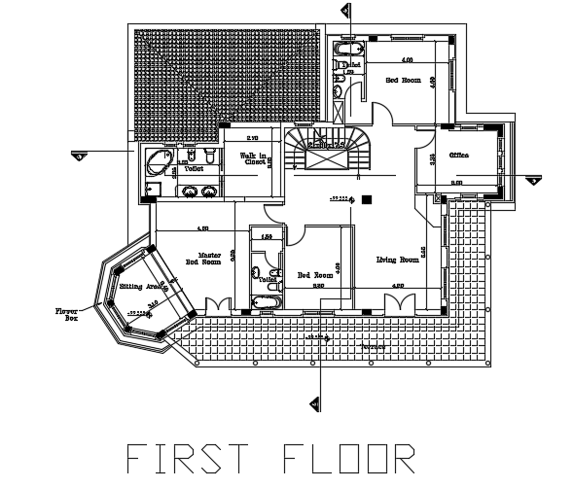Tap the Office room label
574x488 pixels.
[459, 156]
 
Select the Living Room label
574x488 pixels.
[397, 261]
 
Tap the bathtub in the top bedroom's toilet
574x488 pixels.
[347, 47]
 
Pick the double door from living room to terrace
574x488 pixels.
[399, 304]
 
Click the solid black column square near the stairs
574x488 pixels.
[367, 199]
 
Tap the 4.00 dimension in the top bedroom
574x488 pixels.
[394, 60]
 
